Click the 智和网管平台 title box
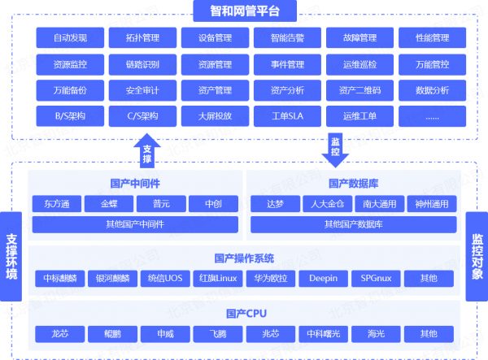tap(245, 11)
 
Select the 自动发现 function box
tap(70, 37)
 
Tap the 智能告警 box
tap(287, 37)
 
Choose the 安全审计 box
tap(142, 90)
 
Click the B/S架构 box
tap(70, 116)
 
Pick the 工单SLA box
tap(287, 116)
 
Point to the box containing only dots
tap(433, 116)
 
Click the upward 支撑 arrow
tap(147, 151)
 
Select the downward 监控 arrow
tap(335, 150)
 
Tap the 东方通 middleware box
tap(57, 204)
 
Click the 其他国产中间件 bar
tap(135, 224)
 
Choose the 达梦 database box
tap(275, 204)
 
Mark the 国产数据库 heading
tap(353, 184)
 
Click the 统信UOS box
tap(165, 278)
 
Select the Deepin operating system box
tap(324, 278)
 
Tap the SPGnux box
tap(376, 278)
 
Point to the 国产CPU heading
tap(246, 314)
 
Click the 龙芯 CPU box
tap(59, 334)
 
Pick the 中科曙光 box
tap(324, 334)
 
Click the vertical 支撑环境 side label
tap(11, 257)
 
